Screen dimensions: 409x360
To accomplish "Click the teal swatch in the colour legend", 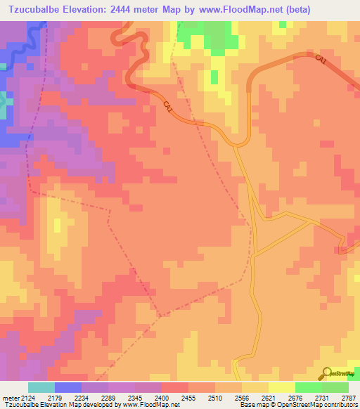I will click(41, 388).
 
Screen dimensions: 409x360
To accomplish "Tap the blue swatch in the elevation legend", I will click(68, 388).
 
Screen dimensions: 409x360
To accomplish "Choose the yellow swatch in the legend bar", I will click(282, 388).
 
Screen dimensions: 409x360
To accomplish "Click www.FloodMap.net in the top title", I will click(239, 9).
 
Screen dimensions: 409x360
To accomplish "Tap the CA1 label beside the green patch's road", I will click(168, 107).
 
